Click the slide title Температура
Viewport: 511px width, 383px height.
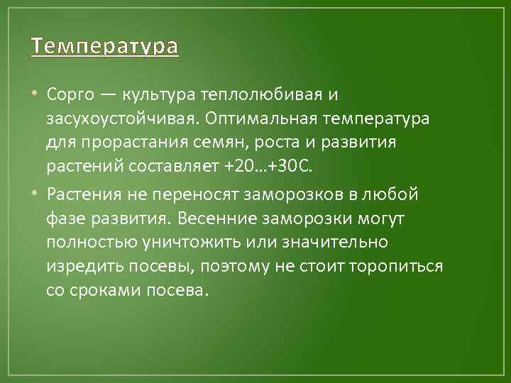105,48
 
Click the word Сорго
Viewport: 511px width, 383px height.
68,94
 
